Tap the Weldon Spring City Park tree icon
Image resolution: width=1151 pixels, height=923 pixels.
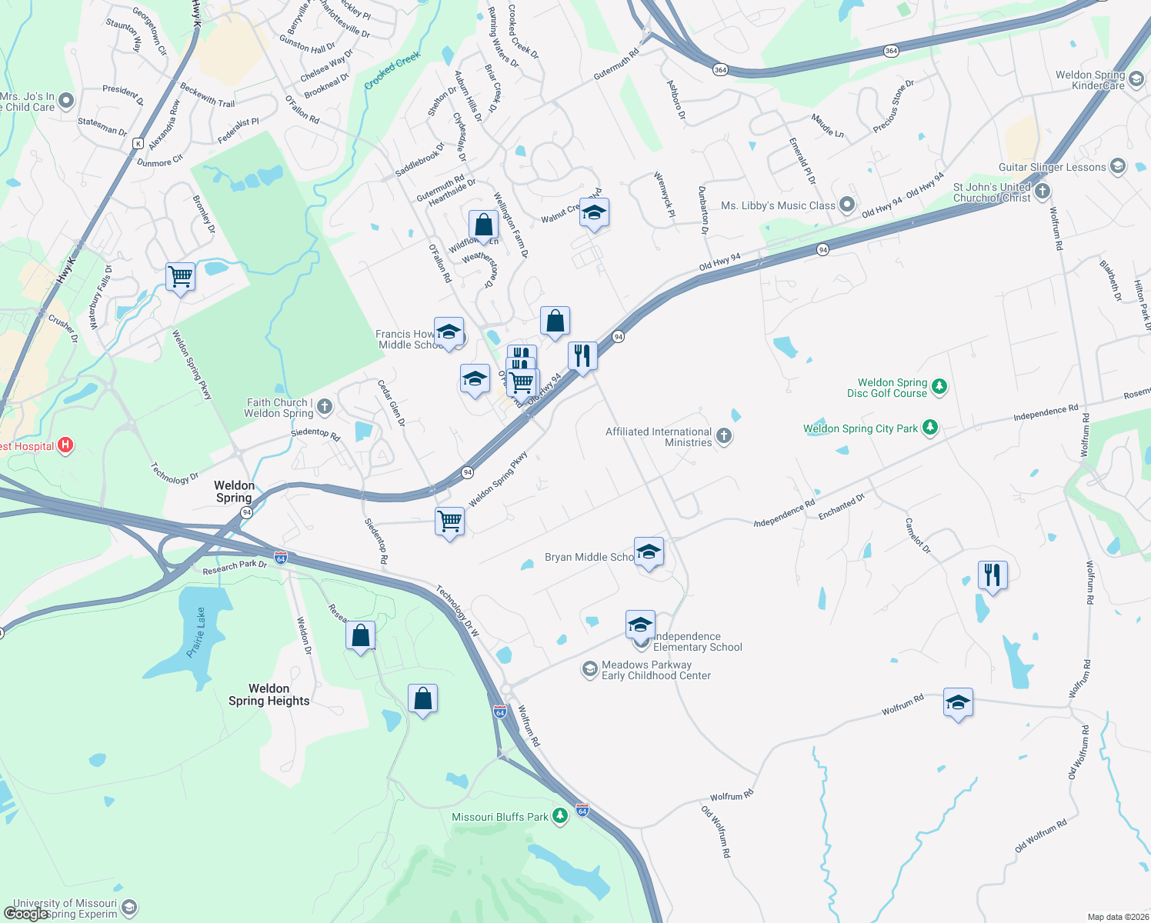[x=930, y=427]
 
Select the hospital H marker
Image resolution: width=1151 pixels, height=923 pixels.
[x=66, y=445]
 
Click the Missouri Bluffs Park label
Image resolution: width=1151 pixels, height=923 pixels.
[x=499, y=817]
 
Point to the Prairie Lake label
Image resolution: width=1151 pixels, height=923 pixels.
[x=197, y=632]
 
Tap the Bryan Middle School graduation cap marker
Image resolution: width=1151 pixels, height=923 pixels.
[x=649, y=551]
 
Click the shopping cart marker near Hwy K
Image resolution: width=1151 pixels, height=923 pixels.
[x=180, y=275]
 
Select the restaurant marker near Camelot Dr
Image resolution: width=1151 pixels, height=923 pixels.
[x=993, y=574]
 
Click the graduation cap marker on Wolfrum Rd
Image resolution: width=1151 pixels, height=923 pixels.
[x=958, y=702]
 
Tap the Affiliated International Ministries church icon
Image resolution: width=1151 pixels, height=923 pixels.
[x=723, y=436]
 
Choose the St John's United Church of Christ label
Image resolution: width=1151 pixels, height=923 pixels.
[x=992, y=192]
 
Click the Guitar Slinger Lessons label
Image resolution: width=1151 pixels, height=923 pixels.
[x=1052, y=167]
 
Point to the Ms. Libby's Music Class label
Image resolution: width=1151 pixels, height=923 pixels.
[x=778, y=205]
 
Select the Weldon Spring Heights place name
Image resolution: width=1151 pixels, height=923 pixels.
[x=269, y=695]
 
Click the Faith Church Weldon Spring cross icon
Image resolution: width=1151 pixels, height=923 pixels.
[x=325, y=406]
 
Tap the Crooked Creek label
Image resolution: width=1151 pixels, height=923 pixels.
[x=392, y=71]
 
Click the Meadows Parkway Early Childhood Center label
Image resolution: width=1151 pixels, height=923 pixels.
[x=656, y=670]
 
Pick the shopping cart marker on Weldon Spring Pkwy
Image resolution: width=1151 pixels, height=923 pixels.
[x=449, y=521]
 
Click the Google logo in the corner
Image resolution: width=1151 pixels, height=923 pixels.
[x=26, y=914]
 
